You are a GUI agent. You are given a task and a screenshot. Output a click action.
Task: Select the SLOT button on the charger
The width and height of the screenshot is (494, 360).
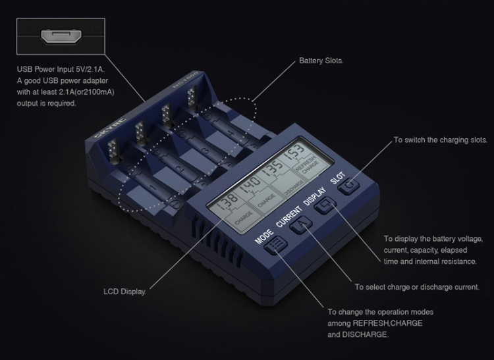click(349, 187)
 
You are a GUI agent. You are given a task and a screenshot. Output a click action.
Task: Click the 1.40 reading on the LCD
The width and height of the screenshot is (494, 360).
click(250, 191)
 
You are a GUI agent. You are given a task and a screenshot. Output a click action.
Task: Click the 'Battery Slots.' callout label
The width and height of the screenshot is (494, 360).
click(321, 61)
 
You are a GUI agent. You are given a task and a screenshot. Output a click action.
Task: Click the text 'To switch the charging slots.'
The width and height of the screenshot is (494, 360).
click(440, 140)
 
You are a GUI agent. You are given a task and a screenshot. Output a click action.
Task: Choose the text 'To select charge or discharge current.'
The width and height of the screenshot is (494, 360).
click(416, 287)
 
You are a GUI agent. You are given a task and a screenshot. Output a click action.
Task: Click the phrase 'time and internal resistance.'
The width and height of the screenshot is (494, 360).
click(430, 261)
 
